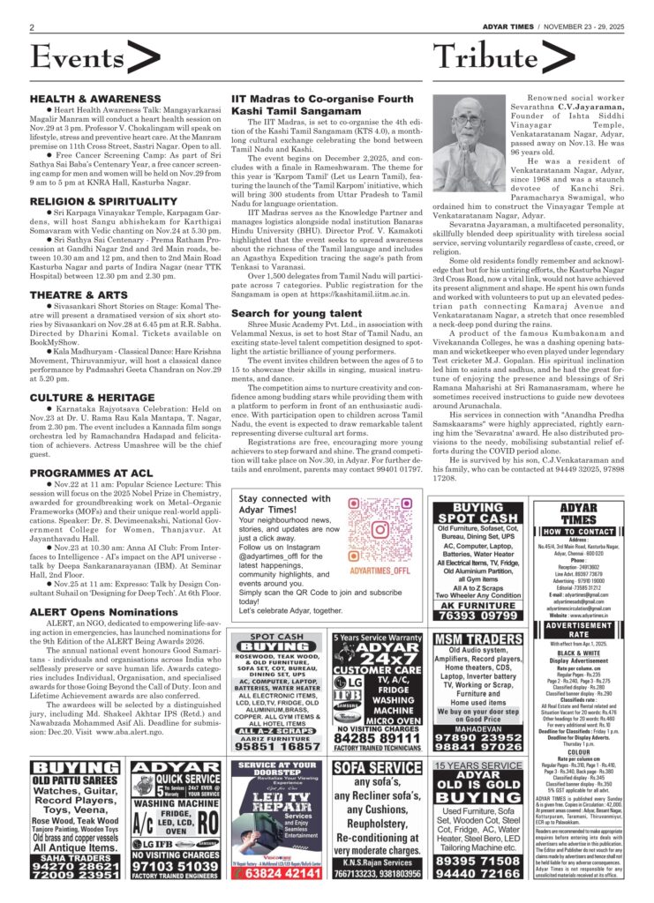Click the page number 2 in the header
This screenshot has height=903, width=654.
[x=33, y=27]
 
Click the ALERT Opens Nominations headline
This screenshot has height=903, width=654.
[x=98, y=587]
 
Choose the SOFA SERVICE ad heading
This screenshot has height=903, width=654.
[x=378, y=768]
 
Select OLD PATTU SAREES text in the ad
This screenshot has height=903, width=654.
[x=74, y=780]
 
